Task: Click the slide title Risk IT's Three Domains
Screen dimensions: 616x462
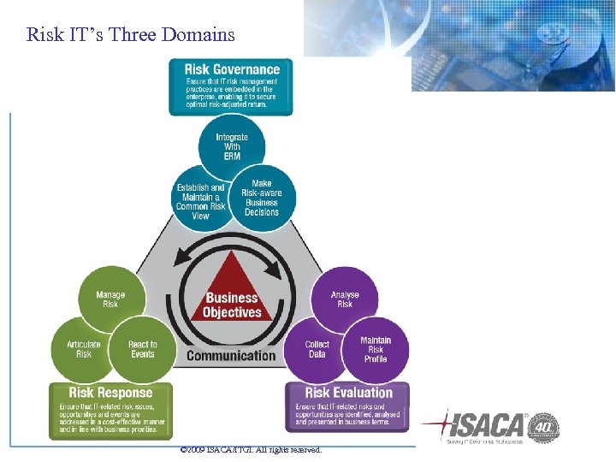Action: [130, 35]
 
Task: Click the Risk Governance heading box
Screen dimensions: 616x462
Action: [231, 86]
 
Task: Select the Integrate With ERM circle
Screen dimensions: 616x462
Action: [232, 147]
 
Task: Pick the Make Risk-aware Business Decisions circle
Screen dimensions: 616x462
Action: [262, 198]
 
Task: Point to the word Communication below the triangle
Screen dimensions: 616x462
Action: [231, 356]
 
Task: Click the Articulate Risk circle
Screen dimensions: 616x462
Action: [84, 349]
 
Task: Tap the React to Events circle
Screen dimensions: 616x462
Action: [143, 349]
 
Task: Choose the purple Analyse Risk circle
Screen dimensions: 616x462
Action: [345, 299]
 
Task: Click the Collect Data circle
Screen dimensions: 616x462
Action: [317, 349]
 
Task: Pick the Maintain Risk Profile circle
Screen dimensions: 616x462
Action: [376, 349]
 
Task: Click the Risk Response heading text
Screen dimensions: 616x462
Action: [111, 393]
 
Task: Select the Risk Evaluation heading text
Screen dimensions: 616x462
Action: [348, 393]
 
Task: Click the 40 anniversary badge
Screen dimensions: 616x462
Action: [543, 426]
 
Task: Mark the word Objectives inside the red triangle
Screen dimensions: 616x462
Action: [232, 312]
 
